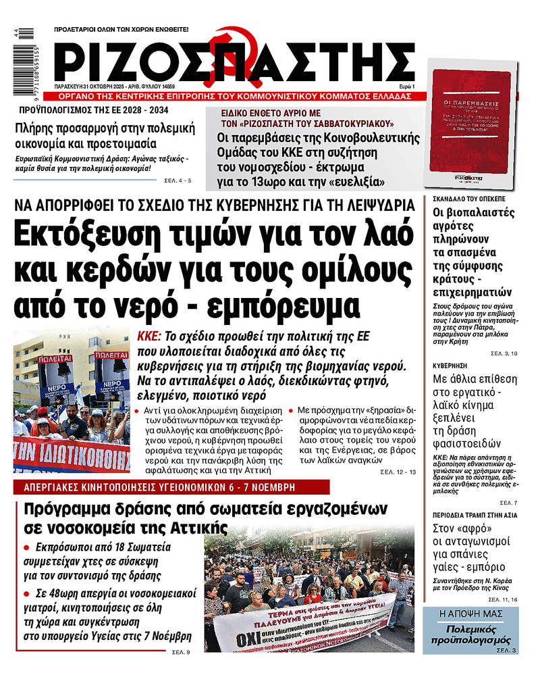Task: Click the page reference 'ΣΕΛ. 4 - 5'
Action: coord(178,181)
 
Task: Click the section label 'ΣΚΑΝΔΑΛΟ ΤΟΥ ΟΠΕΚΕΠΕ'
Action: coord(466,200)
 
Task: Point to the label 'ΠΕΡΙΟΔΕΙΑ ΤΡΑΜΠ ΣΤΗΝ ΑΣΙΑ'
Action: coord(475,515)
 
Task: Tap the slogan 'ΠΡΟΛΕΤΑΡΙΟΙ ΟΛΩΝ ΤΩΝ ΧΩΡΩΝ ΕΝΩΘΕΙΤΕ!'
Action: coord(122,30)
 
